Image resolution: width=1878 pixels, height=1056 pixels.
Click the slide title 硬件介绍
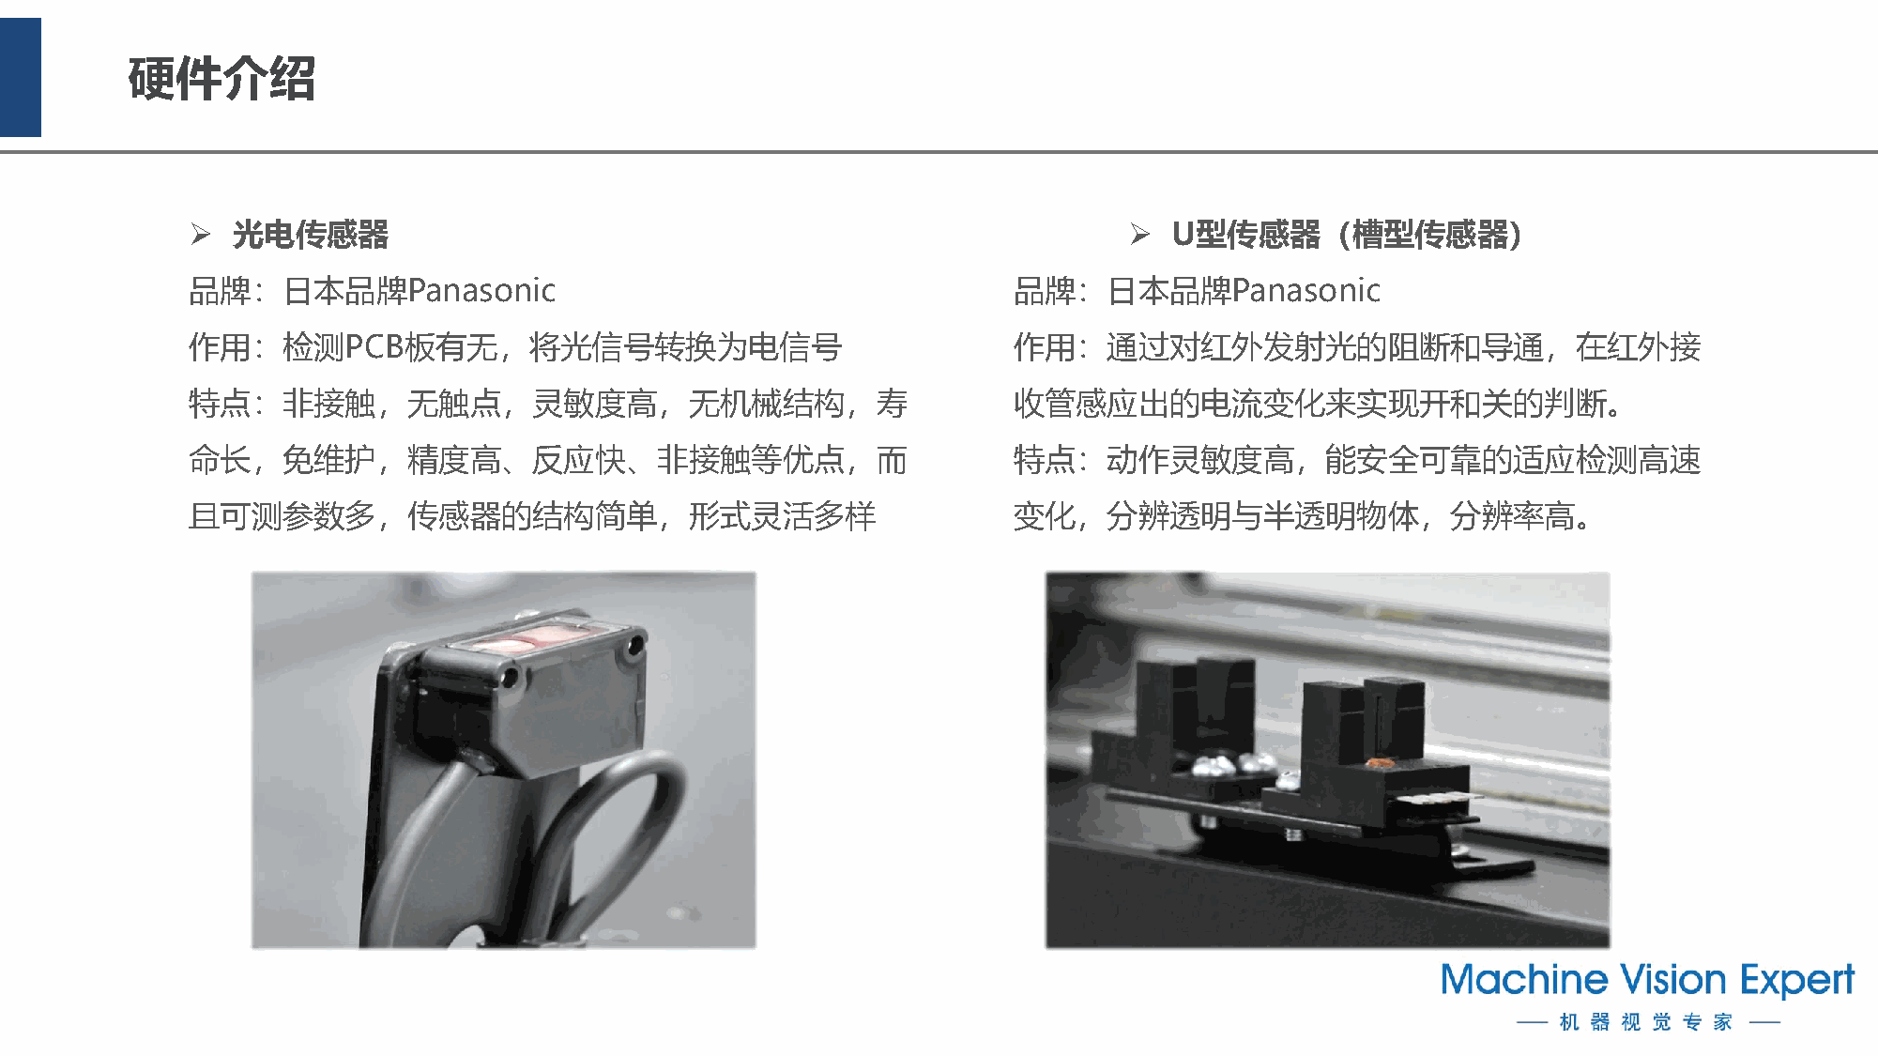click(221, 78)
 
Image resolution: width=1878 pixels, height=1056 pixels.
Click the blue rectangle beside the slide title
click(21, 77)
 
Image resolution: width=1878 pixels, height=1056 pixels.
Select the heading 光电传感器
click(310, 235)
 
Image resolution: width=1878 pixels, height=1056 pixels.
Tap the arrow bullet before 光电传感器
click(201, 234)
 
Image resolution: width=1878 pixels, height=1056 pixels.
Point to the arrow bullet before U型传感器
click(1140, 234)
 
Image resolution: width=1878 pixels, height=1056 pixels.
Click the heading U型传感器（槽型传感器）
click(1347, 235)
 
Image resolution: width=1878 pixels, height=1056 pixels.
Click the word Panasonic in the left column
click(482, 291)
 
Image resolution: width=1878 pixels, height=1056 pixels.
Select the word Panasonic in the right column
click(1306, 291)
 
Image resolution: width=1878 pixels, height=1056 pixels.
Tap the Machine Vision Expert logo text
click(1647, 980)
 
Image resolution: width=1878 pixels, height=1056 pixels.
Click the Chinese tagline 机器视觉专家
click(1646, 1021)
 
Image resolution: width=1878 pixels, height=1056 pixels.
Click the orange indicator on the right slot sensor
click(1380, 763)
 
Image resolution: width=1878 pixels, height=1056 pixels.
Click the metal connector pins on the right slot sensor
click(1436, 799)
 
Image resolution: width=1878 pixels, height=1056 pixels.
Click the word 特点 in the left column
click(219, 404)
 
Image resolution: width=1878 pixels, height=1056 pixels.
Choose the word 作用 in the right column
click(1044, 347)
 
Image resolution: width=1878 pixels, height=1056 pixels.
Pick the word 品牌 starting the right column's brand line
click(1044, 291)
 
